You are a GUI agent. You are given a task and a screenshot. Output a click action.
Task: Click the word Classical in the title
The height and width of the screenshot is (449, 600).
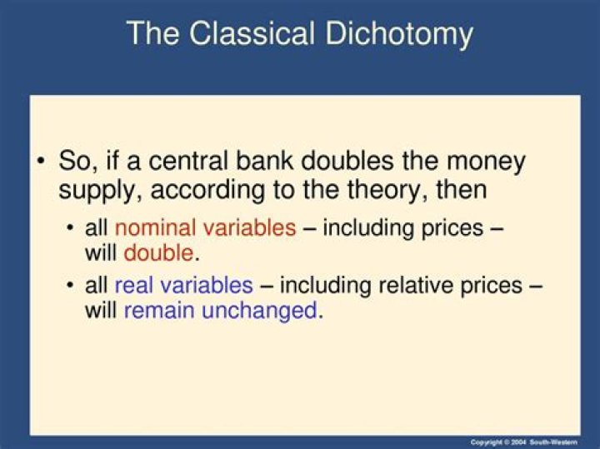[252, 32]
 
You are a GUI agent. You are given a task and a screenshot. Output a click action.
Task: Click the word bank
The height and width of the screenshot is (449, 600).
[265, 161]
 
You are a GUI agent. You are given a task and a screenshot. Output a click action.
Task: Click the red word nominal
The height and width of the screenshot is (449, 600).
[155, 228]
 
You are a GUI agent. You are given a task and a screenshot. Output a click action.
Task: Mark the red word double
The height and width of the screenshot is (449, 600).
[159, 253]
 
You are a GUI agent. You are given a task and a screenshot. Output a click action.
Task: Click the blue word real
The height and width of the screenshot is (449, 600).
[134, 285]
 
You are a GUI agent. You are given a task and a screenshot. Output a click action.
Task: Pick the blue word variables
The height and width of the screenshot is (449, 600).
[207, 285]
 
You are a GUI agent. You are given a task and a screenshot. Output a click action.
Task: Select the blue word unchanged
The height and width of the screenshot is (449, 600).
[259, 311]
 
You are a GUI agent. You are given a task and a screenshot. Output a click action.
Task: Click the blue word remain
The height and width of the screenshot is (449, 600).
[159, 311]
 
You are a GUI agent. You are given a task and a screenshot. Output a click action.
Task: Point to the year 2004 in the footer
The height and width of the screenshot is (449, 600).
[520, 442]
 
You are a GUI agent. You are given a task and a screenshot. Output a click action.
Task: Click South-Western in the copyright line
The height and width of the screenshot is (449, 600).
[553, 442]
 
